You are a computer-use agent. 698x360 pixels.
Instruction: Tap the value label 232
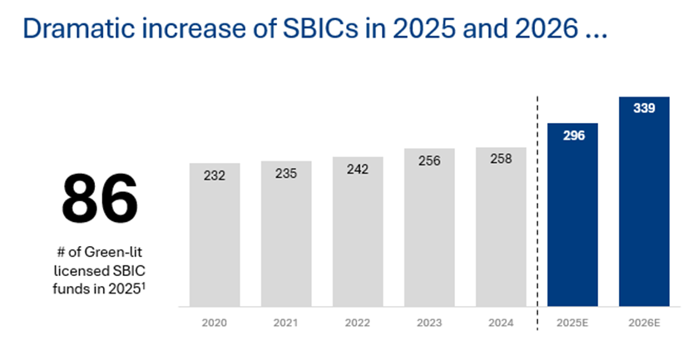click(x=215, y=176)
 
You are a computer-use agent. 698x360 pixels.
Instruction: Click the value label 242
click(x=358, y=169)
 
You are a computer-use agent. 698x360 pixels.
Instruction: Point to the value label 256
click(x=429, y=162)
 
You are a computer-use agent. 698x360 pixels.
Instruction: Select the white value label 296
click(x=573, y=136)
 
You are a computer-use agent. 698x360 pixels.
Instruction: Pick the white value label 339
click(x=644, y=108)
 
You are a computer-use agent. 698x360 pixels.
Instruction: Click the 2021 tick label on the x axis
click(x=286, y=321)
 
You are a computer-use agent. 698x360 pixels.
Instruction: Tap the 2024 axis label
click(x=501, y=321)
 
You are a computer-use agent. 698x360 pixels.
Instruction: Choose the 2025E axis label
click(x=572, y=321)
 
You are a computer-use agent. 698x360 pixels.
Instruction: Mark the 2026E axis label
click(x=644, y=321)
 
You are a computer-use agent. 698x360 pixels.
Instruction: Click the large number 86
click(x=99, y=199)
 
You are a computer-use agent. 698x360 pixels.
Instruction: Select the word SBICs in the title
click(x=328, y=29)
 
